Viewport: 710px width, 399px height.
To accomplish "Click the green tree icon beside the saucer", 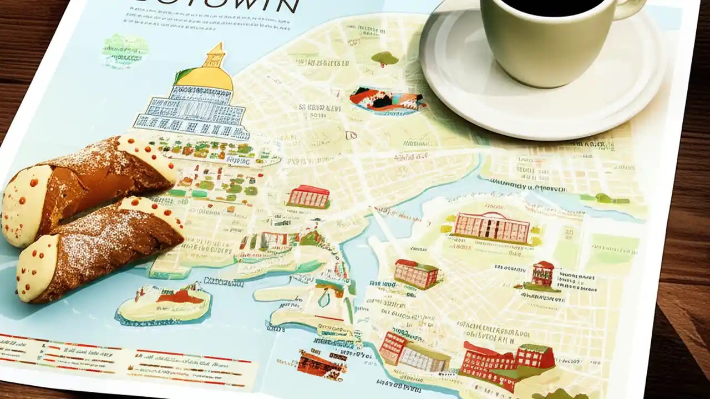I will tap(384, 58).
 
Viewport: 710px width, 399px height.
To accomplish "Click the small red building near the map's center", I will tap(308, 197).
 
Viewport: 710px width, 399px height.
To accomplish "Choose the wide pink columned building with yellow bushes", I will tap(490, 227).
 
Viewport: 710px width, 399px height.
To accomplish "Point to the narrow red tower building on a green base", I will tap(542, 274).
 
